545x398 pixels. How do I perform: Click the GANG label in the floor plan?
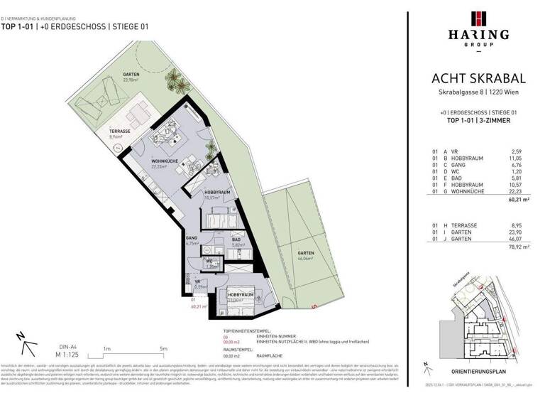click(191, 239)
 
